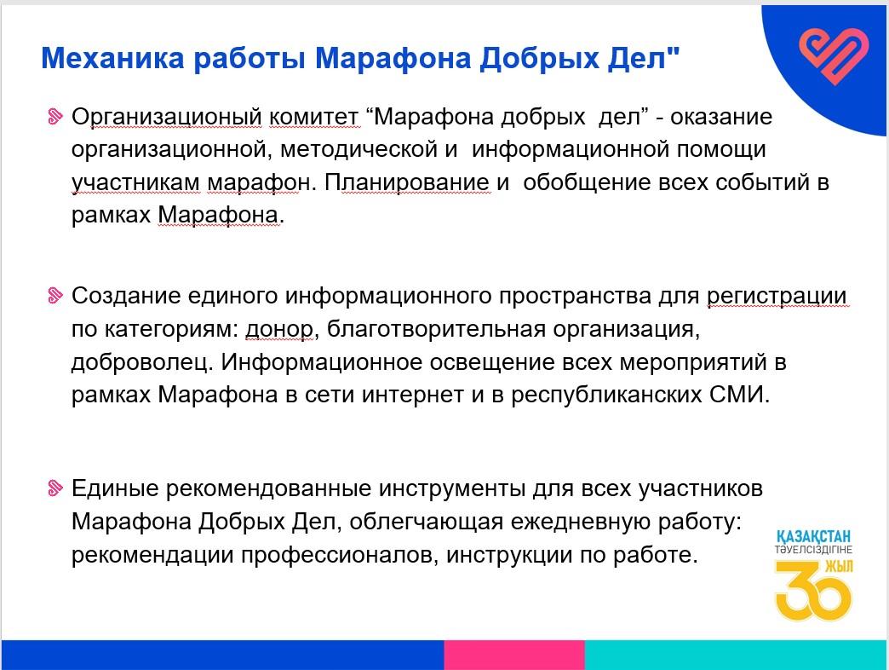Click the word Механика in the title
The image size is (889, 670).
click(112, 59)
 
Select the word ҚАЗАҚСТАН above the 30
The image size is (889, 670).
click(813, 536)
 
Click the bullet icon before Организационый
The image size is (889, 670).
click(55, 116)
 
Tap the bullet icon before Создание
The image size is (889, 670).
click(55, 296)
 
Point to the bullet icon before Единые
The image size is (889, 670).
click(55, 488)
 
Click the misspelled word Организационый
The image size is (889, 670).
click(167, 118)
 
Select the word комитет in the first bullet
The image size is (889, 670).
click(313, 117)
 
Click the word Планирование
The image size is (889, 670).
click(406, 182)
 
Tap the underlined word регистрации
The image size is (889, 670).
click(777, 297)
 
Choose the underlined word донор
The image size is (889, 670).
click(279, 330)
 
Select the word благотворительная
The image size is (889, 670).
click(436, 329)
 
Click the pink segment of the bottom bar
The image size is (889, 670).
click(514, 655)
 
